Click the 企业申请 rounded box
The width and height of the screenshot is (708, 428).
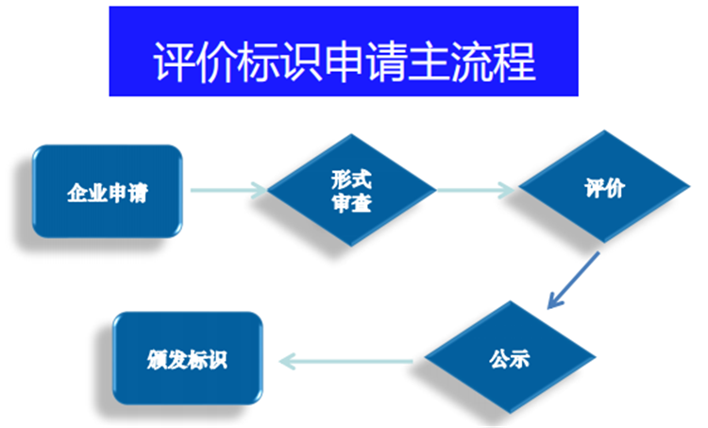tap(107, 192)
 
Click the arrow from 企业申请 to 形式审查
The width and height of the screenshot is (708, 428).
tap(228, 191)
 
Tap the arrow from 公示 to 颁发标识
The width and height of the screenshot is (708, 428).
tap(345, 360)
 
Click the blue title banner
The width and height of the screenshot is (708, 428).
tap(344, 51)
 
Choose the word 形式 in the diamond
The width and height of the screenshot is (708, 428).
tap(350, 180)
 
